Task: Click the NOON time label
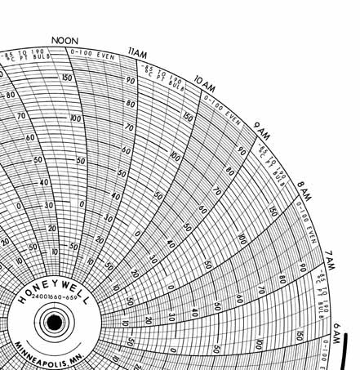65,40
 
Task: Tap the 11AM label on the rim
138,54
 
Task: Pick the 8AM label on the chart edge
304,189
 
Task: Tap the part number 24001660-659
54,308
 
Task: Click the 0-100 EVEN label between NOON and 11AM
92,53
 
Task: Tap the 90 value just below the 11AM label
129,80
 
